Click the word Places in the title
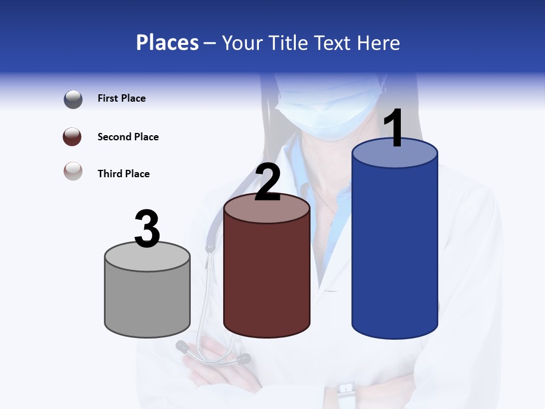(167, 43)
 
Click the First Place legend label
(121, 98)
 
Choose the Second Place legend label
(128, 137)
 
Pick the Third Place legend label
(123, 174)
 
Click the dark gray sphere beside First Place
(73, 99)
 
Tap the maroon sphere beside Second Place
(73, 137)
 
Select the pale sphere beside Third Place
(73, 171)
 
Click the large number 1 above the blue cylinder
(393, 128)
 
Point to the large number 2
(267, 182)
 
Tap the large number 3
(147, 229)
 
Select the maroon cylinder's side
(267, 278)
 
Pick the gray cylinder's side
(148, 298)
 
